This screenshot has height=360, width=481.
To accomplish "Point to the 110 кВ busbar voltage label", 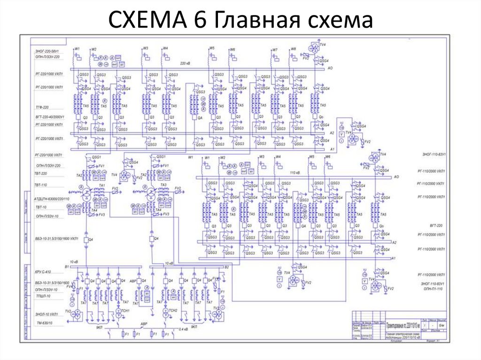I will click(x=295, y=172).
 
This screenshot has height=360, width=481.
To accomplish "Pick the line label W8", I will click(x=293, y=49).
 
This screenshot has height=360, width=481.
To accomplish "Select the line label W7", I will click(x=275, y=49).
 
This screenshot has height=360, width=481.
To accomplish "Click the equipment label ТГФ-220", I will click(x=43, y=107).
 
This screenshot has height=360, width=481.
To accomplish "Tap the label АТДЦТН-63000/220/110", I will click(x=52, y=199).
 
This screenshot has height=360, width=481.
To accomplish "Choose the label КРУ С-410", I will click(x=43, y=272).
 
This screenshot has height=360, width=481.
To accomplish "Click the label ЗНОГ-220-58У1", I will click(x=47, y=50).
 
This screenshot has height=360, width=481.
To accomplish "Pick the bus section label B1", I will click(x=67, y=266).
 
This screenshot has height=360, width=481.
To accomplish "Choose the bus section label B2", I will click(x=226, y=267).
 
